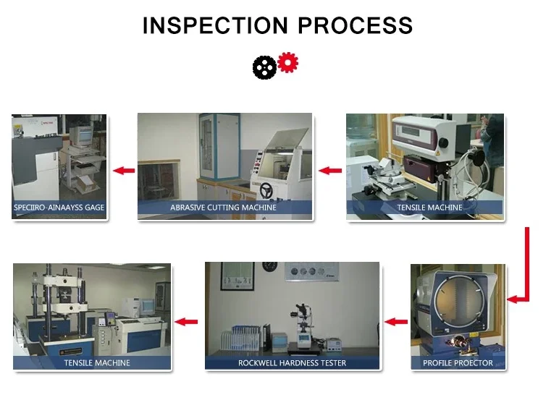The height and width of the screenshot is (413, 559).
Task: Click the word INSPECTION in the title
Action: click(215, 25)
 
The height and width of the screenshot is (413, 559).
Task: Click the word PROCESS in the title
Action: click(355, 25)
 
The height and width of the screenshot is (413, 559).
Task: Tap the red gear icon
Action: click(287, 62)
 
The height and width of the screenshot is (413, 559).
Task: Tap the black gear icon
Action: click(264, 67)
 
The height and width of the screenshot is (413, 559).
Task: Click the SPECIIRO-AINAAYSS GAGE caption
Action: click(59, 207)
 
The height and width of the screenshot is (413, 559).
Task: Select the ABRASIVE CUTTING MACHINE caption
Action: click(223, 207)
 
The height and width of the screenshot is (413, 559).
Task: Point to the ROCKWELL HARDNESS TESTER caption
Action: click(292, 363)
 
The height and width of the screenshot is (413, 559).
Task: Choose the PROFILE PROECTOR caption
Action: click(458, 363)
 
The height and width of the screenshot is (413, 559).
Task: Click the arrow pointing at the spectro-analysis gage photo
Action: click(124, 171)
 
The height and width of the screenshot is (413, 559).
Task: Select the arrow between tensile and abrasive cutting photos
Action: click(330, 171)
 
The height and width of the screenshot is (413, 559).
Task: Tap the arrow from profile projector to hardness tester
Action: click(396, 322)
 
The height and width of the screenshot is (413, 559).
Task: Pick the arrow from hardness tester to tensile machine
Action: click(186, 322)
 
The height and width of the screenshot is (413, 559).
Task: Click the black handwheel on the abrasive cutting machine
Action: click(266, 190)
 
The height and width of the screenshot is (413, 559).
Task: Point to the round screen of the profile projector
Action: click(459, 298)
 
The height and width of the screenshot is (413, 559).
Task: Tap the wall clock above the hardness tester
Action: click(269, 267)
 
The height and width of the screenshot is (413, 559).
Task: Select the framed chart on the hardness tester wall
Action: click(238, 276)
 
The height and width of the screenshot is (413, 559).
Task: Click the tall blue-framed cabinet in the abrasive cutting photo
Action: click(219, 146)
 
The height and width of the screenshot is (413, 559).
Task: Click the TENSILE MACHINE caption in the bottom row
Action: click(97, 363)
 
